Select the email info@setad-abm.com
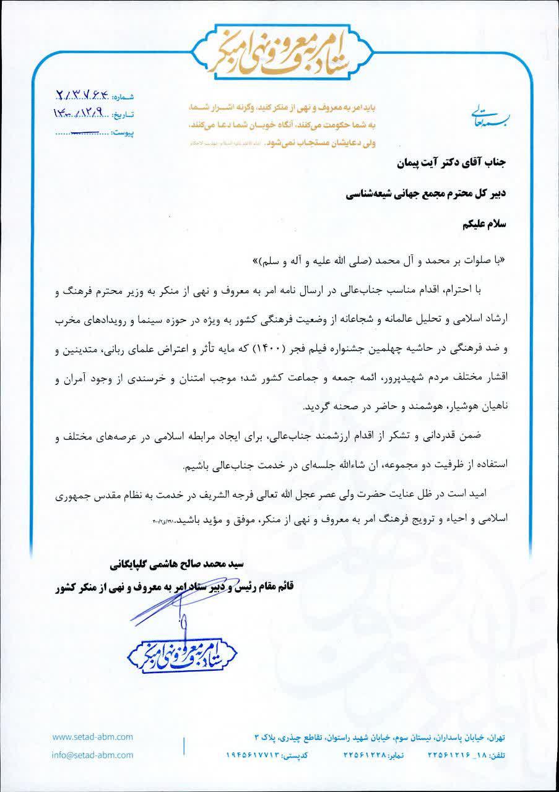(93, 755)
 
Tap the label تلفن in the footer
(498, 756)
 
